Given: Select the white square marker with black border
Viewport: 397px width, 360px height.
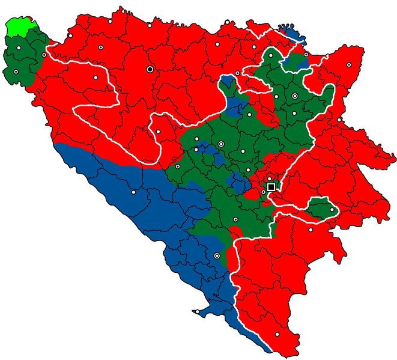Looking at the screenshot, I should [x=271, y=187].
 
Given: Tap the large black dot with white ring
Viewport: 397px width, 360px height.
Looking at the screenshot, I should [x=150, y=69].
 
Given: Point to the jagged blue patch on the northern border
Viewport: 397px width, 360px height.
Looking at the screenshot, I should [x=292, y=31].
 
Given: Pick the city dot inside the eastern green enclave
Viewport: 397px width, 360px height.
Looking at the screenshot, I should [x=332, y=210].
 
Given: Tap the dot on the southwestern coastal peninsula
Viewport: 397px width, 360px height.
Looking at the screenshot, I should [x=196, y=311].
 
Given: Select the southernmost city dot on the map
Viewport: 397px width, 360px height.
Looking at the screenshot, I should [x=277, y=335].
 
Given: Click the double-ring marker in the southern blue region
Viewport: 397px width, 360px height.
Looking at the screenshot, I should [x=217, y=256].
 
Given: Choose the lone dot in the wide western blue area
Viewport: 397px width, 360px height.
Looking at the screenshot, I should [x=133, y=192].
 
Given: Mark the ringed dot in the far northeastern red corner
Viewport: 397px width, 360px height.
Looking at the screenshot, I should [x=349, y=64].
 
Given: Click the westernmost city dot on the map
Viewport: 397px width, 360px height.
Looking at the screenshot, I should [x=16, y=72].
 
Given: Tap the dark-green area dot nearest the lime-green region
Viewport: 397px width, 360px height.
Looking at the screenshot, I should [x=19, y=47].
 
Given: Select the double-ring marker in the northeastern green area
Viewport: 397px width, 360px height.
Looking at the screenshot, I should [x=294, y=96].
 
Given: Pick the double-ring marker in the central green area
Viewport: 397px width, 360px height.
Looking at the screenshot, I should [x=221, y=144].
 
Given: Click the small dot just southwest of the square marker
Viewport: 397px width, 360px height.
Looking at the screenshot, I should [x=263, y=192].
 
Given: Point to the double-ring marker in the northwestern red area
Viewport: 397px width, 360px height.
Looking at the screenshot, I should [x=101, y=47].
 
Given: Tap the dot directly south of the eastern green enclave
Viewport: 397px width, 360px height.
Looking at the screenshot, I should [x=311, y=230].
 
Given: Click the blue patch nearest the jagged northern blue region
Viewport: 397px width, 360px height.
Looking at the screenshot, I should [x=295, y=59].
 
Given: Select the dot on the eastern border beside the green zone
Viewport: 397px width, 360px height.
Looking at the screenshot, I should [x=339, y=119].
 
